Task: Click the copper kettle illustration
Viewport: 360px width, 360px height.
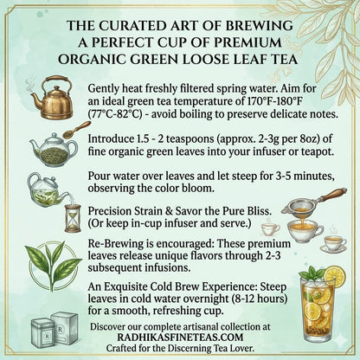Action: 54,102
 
